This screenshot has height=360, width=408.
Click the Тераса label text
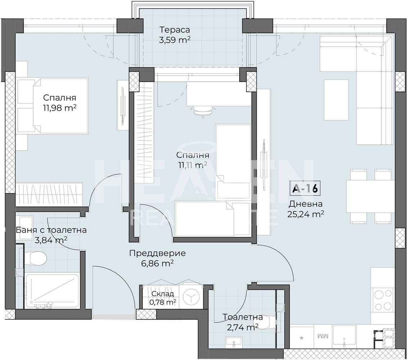(x=174, y=30)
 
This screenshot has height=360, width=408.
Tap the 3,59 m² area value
(x=174, y=40)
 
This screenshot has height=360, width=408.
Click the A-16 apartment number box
(x=305, y=188)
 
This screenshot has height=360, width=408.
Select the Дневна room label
(x=305, y=204)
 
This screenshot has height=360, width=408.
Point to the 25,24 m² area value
(x=305, y=214)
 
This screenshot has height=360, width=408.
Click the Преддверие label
(x=158, y=253)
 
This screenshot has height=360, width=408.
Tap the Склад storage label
(x=162, y=294)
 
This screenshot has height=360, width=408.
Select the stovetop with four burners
(x=382, y=300)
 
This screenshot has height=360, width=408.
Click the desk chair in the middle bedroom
(x=203, y=111)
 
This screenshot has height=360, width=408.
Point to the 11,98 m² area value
(x=60, y=108)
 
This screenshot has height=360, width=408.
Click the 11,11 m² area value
(x=191, y=165)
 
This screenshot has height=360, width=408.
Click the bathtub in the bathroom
(x=52, y=291)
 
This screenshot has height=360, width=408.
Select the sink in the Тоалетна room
(x=234, y=342)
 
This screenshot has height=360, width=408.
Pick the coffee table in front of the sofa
(x=336, y=100)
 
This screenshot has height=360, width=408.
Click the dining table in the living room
(x=371, y=196)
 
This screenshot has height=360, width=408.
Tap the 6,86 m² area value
(x=158, y=264)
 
